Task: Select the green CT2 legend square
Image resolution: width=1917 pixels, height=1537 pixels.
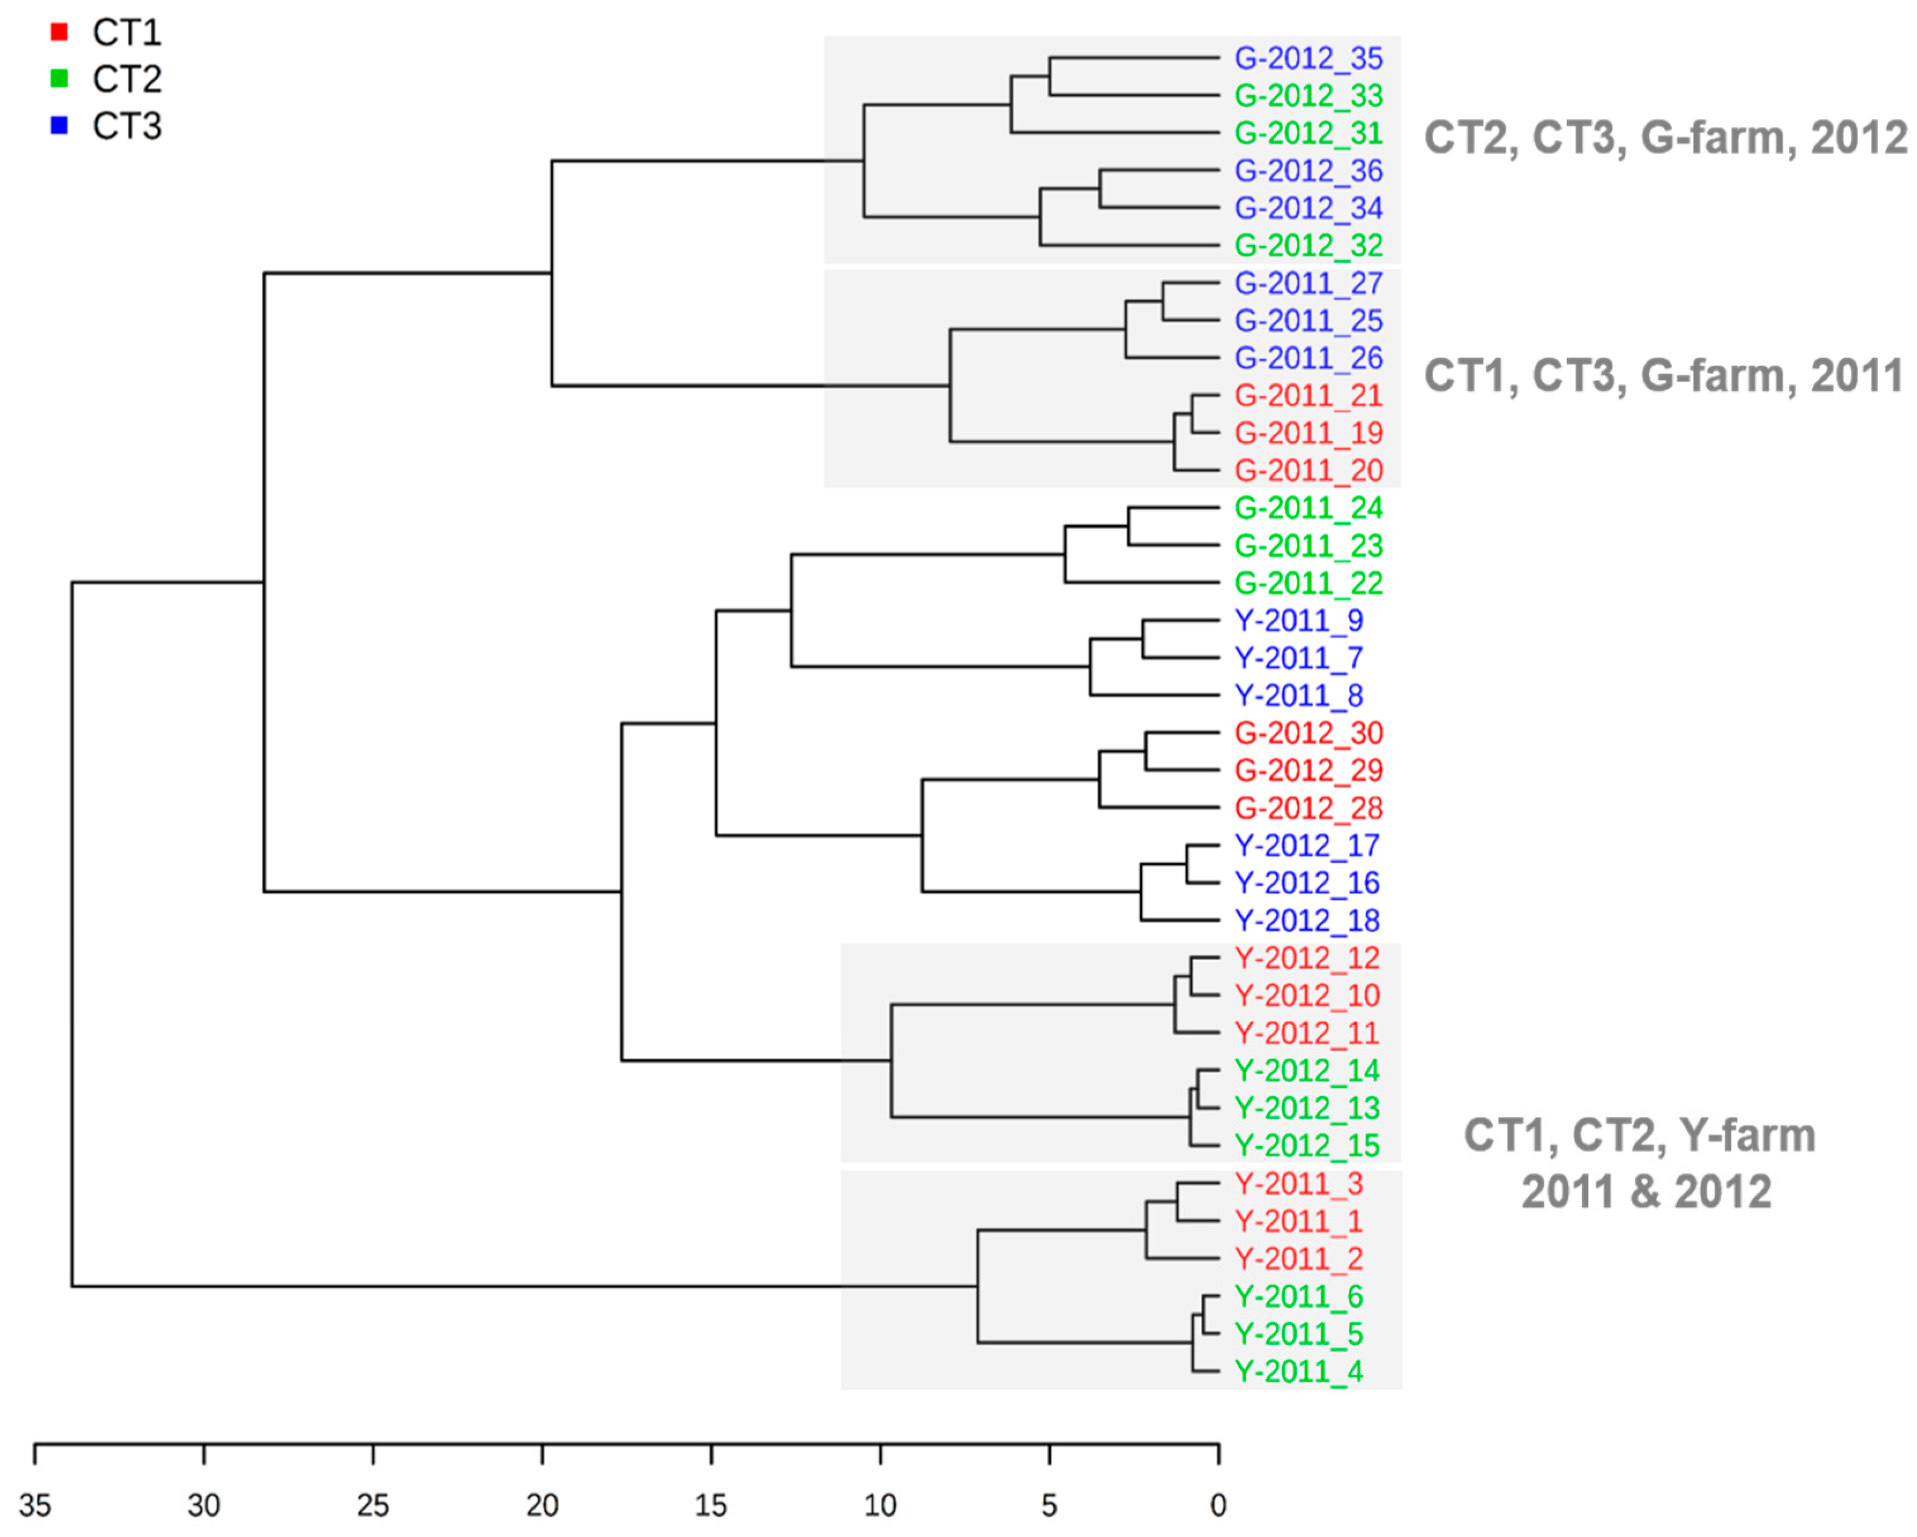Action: pyautogui.click(x=59, y=79)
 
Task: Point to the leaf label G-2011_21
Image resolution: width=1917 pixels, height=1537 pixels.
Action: pyautogui.click(x=1308, y=395)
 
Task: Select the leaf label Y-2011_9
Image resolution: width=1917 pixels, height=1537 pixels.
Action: pyautogui.click(x=1298, y=620)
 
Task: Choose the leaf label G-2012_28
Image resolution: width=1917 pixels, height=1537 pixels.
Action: pyautogui.click(x=1308, y=808)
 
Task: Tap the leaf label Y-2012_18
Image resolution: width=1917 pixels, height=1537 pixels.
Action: pyautogui.click(x=1306, y=920)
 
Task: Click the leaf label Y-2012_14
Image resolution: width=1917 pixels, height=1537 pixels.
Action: pyautogui.click(x=1306, y=1070)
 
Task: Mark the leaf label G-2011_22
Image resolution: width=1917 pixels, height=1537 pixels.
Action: pyautogui.click(x=1308, y=583)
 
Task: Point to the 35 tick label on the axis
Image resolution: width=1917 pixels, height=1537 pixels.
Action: pyautogui.click(x=36, y=1505)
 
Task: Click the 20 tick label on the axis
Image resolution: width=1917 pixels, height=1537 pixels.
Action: pyautogui.click(x=542, y=1505)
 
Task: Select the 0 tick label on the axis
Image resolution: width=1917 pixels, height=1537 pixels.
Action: pyautogui.click(x=1218, y=1505)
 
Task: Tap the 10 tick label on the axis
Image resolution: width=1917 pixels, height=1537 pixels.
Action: pyautogui.click(x=880, y=1505)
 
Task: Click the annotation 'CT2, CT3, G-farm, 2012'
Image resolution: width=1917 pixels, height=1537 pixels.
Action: pyautogui.click(x=1665, y=139)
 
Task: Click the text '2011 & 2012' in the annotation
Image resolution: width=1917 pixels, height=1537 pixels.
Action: pyautogui.click(x=1646, y=1191)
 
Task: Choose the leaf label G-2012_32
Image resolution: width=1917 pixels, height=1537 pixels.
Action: pyautogui.click(x=1308, y=245)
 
